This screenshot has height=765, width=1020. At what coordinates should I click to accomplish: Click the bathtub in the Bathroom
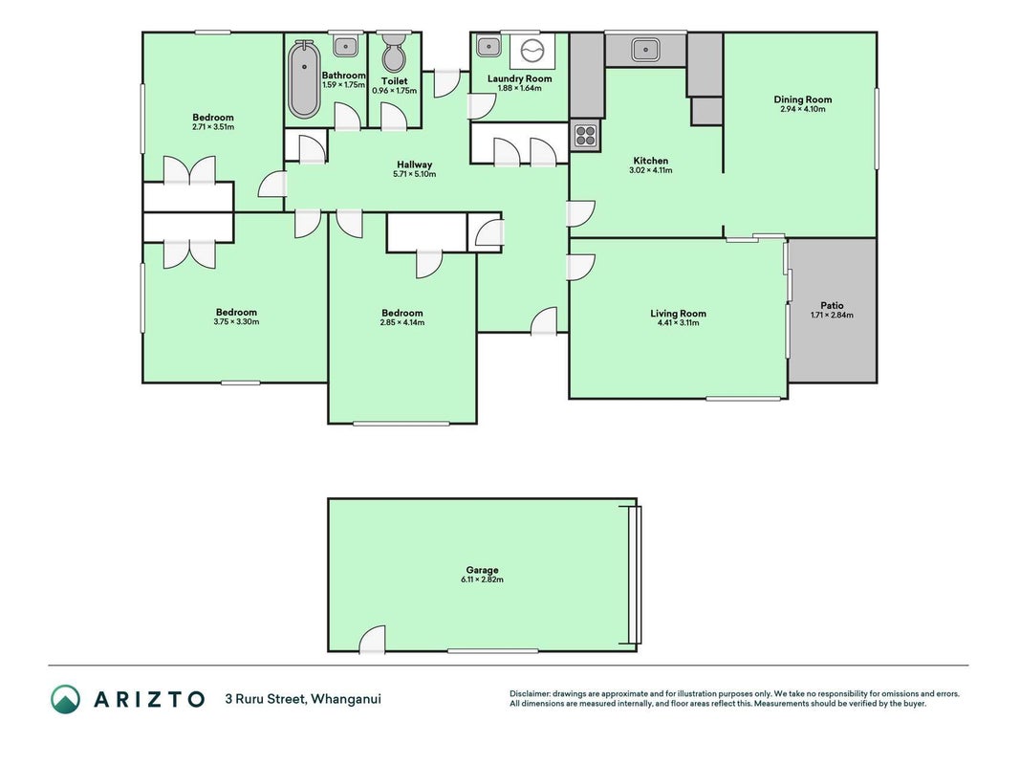tap(304, 79)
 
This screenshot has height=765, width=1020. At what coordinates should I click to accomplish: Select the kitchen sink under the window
tap(645, 50)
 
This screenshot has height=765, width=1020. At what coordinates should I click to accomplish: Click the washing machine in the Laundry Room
tap(532, 52)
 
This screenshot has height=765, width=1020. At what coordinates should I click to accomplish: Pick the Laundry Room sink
tap(488, 46)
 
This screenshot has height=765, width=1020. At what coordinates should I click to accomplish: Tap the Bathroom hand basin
tap(345, 46)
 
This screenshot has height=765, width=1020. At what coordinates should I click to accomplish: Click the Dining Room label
tap(803, 99)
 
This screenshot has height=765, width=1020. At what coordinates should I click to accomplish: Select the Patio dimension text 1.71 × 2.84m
tap(832, 316)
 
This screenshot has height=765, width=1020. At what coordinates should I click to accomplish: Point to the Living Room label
tap(678, 314)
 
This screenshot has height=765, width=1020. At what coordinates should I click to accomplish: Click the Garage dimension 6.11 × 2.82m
tap(482, 579)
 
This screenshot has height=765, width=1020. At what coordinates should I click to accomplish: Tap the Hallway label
tap(414, 165)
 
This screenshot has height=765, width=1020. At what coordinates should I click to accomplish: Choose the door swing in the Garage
tap(373, 639)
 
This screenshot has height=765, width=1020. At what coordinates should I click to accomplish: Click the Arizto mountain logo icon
tap(66, 699)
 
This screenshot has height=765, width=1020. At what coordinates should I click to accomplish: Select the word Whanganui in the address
tap(346, 699)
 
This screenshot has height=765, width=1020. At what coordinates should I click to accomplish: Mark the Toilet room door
tap(394, 117)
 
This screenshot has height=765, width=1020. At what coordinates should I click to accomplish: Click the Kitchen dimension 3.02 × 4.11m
tap(650, 170)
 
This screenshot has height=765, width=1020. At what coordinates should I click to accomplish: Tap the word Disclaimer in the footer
tap(530, 694)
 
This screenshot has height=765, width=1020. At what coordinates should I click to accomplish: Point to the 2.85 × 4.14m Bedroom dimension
tap(402, 322)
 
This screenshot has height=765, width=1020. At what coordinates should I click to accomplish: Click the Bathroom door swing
tap(347, 117)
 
